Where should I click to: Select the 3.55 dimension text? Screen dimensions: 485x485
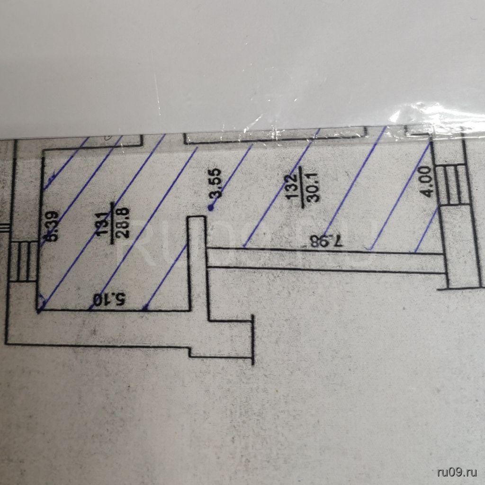coord(217,185)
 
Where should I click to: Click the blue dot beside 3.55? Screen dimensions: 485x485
coord(211,207)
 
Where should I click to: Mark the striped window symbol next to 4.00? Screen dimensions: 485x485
coord(453,185)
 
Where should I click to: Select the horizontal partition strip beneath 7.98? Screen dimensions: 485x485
coord(327,260)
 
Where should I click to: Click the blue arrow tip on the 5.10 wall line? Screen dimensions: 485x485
coord(145,308)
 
